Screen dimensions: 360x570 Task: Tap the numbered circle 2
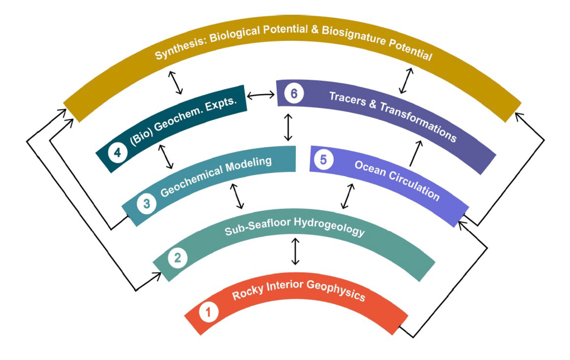point(178,258)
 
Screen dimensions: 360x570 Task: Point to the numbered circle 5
point(323,160)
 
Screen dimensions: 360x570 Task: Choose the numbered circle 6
point(294,94)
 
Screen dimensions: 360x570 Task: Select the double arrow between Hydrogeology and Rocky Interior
point(295,251)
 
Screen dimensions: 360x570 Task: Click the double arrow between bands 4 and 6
point(261,95)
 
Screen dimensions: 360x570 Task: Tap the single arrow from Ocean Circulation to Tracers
point(415,153)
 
